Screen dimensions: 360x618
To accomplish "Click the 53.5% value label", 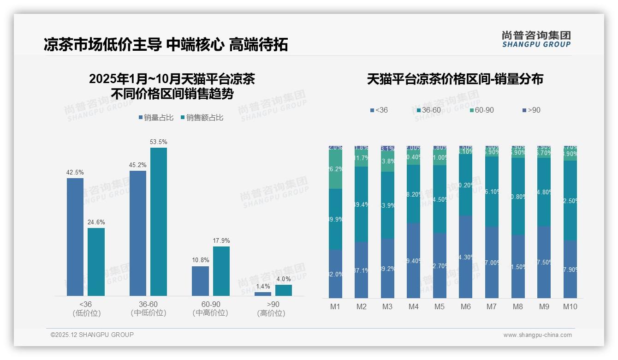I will coord(158,142).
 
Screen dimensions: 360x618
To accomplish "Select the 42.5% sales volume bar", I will coord(75,237).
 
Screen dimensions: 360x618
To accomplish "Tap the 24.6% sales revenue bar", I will coord(96,262).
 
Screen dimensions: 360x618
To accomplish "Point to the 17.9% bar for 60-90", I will coord(221,271).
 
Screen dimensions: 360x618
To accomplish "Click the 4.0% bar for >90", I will coord(283,290).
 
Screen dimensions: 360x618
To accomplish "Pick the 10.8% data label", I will coord(200,260).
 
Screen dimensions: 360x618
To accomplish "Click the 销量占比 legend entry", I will coord(155,118).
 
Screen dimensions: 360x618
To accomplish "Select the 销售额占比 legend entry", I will coord(202,118).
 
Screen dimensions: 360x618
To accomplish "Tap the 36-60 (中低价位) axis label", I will coord(148,309).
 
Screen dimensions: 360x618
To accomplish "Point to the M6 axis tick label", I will coord(465,306).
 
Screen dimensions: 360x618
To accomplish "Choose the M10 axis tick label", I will coord(570,306).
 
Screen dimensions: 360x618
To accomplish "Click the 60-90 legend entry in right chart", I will coord(481,110).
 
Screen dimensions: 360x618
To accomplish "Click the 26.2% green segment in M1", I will coord(335,169).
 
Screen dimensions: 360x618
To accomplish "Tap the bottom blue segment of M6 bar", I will coord(466,257).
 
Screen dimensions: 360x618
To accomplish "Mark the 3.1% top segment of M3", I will coord(387,148).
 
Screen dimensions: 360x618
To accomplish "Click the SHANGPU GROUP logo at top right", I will coord(536,39).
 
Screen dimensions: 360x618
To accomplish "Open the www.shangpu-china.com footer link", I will coord(537,335).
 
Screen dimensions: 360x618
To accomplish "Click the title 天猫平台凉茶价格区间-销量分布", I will coord(455,79).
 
